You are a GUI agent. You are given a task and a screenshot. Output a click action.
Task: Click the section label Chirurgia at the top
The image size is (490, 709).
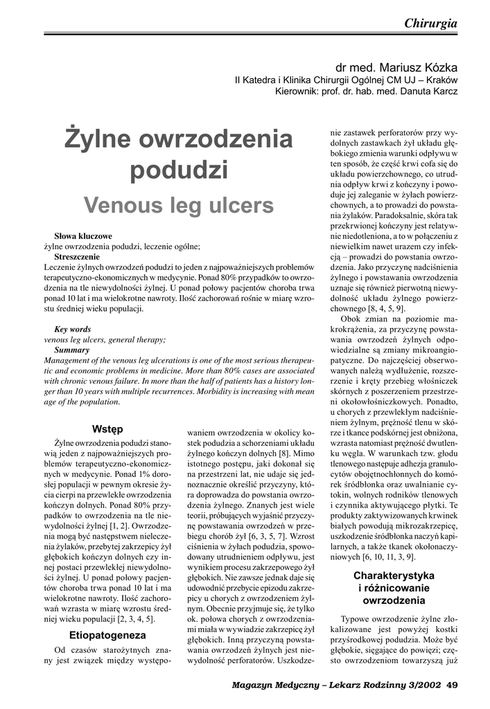(x=430, y=23)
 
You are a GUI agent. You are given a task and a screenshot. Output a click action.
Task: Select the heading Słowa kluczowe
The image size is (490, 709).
(x=82, y=235)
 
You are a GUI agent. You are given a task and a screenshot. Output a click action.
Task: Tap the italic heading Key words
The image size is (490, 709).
(x=72, y=330)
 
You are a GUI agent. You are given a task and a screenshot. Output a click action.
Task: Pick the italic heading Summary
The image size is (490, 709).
(x=71, y=350)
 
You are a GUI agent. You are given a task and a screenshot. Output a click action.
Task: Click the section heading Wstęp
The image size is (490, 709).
(x=107, y=429)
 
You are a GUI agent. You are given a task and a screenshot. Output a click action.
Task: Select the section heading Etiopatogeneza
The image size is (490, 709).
(x=107, y=634)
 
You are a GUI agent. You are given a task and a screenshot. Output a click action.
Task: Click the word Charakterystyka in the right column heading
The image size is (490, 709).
(x=394, y=575)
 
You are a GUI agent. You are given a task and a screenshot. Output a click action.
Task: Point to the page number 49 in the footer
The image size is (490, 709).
(x=452, y=685)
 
